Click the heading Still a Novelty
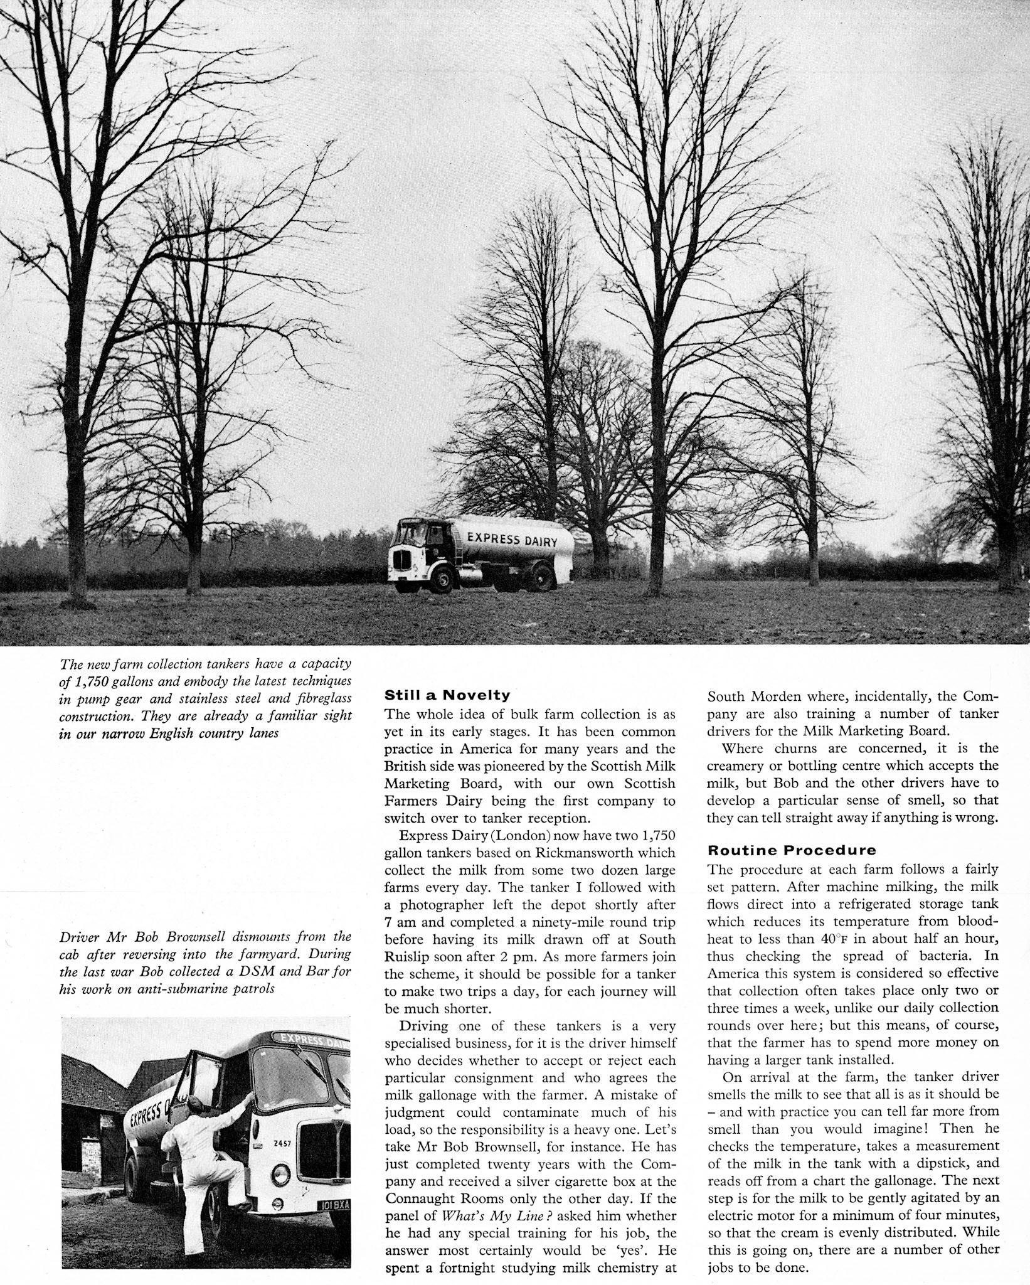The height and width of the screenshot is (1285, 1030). tap(447, 695)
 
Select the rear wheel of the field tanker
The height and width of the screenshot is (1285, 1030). tap(541, 578)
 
